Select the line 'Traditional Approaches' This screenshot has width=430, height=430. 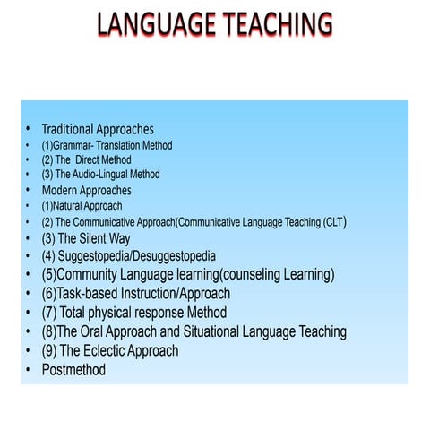coord(98,130)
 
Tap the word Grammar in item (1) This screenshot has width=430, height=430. coord(74,145)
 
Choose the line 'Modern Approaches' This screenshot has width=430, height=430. coord(87,190)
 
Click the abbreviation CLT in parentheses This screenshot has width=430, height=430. coord(333,221)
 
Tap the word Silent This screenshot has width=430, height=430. coord(93,238)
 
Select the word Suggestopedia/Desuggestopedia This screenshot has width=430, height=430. coord(133,256)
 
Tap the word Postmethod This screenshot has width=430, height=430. coord(73,369)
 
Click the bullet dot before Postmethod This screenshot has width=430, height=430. coord(28,369)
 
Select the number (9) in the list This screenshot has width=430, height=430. coord(49,350)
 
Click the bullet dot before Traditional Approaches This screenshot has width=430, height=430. coord(28,130)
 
